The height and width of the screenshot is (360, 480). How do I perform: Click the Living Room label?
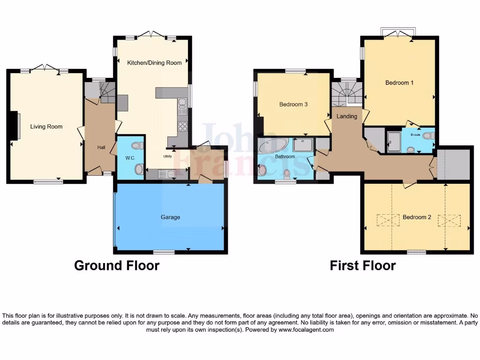[x=46, y=127]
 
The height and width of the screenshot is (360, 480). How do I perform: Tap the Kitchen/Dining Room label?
[x=154, y=62]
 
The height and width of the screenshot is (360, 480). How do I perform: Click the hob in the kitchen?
[x=182, y=127]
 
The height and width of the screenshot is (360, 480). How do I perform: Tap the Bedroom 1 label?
[x=399, y=83]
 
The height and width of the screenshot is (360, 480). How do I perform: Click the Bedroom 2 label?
[x=417, y=217]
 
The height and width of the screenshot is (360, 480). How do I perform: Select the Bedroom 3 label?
[x=293, y=105]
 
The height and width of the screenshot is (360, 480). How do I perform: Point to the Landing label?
[x=347, y=116]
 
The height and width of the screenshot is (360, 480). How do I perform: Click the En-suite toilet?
[x=427, y=136]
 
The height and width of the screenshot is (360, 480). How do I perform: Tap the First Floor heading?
[x=362, y=266]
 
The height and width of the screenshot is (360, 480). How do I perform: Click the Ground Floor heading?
[x=117, y=266]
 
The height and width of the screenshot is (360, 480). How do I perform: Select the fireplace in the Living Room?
[x=16, y=126]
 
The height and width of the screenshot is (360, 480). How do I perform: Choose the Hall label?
[x=101, y=148]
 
